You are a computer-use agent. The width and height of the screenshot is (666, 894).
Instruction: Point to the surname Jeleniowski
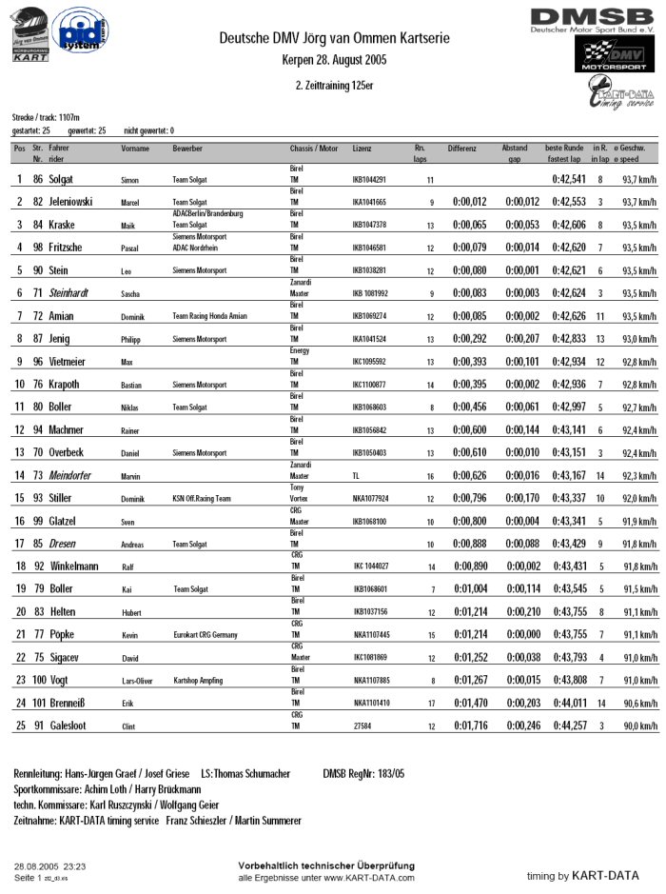(77, 202)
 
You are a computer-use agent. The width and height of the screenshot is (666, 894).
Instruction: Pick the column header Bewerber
(187, 149)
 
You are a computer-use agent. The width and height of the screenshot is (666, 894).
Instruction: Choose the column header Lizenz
(362, 149)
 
